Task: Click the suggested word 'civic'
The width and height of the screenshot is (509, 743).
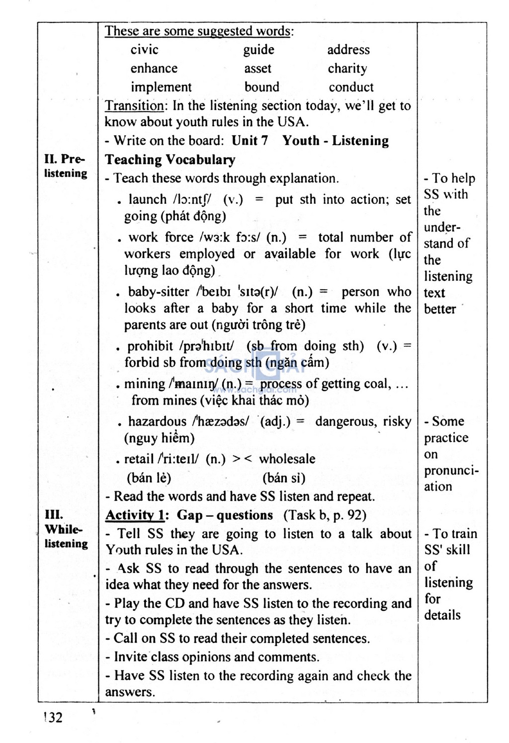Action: (144, 50)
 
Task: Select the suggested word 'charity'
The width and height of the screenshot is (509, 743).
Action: (347, 69)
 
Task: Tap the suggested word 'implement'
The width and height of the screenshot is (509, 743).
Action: (161, 87)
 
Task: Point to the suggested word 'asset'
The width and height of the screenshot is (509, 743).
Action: (257, 69)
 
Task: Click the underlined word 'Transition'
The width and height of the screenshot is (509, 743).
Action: (134, 106)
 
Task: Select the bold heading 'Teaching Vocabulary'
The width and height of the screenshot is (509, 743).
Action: (170, 160)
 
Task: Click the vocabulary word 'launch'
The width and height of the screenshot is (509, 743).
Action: (148, 199)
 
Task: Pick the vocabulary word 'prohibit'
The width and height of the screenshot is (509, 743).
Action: (150, 346)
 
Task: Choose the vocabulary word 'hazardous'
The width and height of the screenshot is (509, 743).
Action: (157, 421)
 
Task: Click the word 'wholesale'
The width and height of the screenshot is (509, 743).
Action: (287, 459)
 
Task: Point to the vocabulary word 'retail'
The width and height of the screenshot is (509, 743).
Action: (139, 459)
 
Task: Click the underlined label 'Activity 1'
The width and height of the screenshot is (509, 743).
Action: (134, 515)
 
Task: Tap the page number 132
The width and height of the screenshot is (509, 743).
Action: (53, 718)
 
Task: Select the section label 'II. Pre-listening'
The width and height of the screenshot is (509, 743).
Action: (65, 166)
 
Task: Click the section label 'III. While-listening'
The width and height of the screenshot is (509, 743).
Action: (65, 529)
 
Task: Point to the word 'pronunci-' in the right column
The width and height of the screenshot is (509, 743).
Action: (451, 471)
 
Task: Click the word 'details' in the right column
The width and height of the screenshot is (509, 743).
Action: (442, 615)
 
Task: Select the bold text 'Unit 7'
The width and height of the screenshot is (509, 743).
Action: (250, 141)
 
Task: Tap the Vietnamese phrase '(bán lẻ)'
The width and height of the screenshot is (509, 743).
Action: (149, 478)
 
